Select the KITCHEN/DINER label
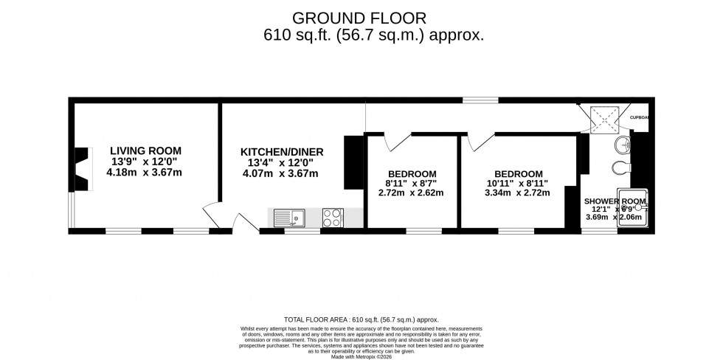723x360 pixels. tap(282, 152)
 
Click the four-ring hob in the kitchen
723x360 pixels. tap(333, 217)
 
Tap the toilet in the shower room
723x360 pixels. tap(622, 167)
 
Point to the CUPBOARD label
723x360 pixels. tap(639, 117)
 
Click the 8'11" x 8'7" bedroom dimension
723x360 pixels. tap(412, 183)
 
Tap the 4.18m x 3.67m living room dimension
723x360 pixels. tap(144, 173)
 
